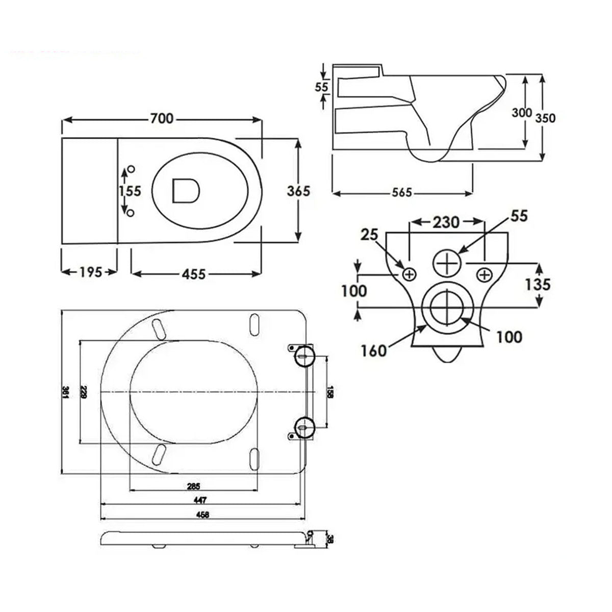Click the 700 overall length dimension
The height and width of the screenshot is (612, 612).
(161, 119)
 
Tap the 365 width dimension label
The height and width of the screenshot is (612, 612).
(298, 191)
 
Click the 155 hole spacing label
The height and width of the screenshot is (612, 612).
(130, 191)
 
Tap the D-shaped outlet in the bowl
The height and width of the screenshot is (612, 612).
(186, 190)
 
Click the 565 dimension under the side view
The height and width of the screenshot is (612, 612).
(402, 193)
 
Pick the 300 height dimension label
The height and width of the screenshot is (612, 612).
(522, 113)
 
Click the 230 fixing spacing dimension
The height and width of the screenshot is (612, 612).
(446, 222)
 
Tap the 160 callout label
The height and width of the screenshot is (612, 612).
(374, 351)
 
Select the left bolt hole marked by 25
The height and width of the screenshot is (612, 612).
(409, 274)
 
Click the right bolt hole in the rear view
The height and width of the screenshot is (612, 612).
(484, 274)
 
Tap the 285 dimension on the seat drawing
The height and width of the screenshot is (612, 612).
(193, 485)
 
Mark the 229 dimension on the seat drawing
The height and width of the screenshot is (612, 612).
(84, 392)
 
